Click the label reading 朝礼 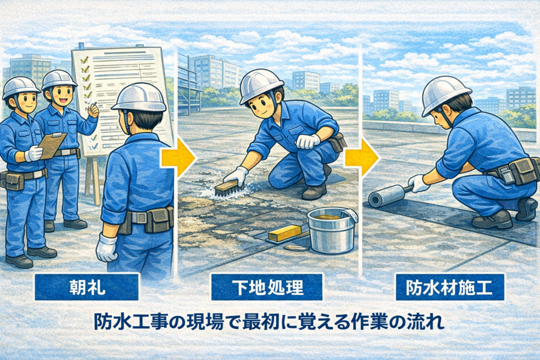point(87,287)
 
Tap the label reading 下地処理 point(267,287)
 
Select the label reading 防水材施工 point(449,287)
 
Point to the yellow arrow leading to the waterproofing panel point(362,158)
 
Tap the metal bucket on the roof point(331,230)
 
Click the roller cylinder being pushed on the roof point(386,197)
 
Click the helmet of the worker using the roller point(446,94)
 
